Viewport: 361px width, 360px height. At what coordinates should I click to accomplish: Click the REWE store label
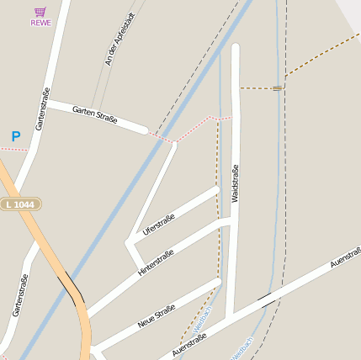40,23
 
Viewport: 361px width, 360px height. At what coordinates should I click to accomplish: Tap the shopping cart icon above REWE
40,12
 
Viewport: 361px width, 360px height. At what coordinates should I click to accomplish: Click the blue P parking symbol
15,136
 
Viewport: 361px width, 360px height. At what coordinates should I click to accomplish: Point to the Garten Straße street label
94,115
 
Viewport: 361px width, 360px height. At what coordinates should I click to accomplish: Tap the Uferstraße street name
158,225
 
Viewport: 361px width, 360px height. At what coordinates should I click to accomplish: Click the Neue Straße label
156,316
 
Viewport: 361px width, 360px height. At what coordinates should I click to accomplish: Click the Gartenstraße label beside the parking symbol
43,109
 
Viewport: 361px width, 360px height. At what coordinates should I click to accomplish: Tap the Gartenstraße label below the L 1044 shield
20,294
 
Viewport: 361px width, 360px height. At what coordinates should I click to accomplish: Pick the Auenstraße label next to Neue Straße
188,345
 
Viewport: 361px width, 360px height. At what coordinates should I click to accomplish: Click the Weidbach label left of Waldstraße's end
203,319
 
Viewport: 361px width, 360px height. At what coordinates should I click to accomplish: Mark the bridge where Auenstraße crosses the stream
265,299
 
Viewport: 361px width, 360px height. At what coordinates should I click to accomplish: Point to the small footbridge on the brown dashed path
277,87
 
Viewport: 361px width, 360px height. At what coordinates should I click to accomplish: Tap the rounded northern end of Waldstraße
236,49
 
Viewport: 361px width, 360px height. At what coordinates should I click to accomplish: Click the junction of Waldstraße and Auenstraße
230,315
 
